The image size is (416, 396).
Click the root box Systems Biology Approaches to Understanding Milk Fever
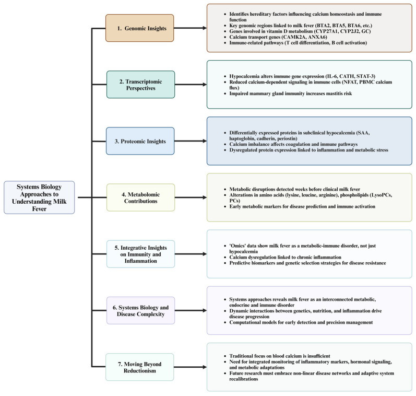pyautogui.click(x=39, y=197)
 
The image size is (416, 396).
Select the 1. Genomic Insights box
pyautogui.click(x=140, y=28)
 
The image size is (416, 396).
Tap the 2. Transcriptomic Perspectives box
pyautogui.click(x=140, y=85)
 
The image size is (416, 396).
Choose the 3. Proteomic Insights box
pyautogui.click(x=140, y=141)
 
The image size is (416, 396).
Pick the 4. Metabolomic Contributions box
pyautogui.click(x=140, y=197)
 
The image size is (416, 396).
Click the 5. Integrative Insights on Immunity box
pyautogui.click(x=140, y=254)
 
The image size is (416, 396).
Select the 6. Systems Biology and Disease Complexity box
pyautogui.click(x=140, y=310)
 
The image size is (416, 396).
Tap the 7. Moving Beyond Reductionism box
pyautogui.click(x=140, y=367)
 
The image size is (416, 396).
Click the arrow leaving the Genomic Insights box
pyautogui.click(x=190, y=28)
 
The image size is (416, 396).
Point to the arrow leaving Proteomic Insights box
pyautogui.click(x=191, y=141)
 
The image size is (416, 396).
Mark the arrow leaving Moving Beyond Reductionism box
pyautogui.click(x=190, y=367)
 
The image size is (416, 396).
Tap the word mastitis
pyautogui.click(x=334, y=94)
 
